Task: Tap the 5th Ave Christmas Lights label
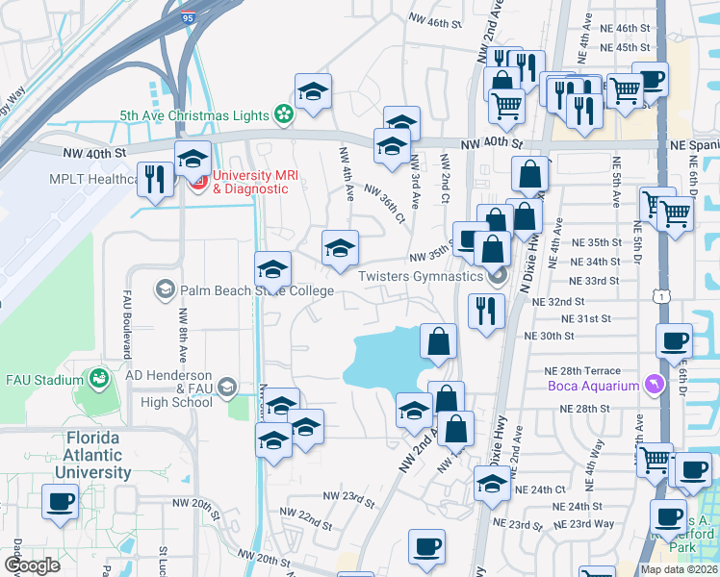(x=194, y=115)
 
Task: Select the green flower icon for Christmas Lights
(x=284, y=115)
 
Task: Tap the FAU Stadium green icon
(x=98, y=380)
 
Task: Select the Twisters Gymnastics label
(x=420, y=277)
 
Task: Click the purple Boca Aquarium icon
(x=656, y=386)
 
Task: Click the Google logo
(x=33, y=564)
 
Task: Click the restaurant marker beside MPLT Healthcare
(x=153, y=178)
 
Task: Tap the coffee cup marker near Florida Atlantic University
(x=60, y=501)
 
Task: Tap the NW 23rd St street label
(x=347, y=496)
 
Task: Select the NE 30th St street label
(x=549, y=336)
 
